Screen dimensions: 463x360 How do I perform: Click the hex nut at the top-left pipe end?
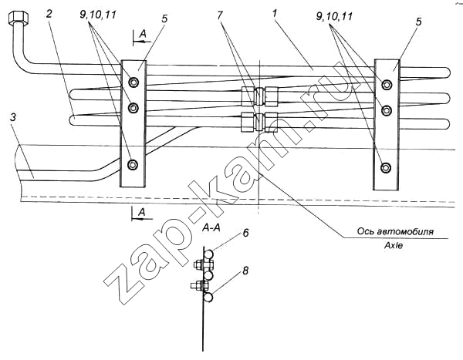point(19,19)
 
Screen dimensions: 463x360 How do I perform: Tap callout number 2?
point(49,14)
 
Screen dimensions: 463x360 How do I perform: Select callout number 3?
point(12,117)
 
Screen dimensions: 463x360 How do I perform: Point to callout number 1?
point(275,14)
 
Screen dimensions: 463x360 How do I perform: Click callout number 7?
point(219,15)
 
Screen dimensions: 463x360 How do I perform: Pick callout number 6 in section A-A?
point(245,233)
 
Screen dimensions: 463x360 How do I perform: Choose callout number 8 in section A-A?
point(245,271)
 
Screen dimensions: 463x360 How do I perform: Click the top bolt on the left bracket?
point(133,82)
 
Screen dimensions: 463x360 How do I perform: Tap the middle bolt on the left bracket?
point(133,108)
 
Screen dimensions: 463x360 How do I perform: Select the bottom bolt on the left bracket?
point(133,165)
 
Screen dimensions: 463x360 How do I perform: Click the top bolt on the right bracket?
point(387,85)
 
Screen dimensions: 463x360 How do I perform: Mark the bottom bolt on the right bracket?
point(385,167)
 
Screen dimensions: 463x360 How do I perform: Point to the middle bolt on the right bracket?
point(386,110)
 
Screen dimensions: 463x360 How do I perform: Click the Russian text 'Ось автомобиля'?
point(395,231)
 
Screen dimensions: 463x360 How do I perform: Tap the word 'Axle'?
point(394,245)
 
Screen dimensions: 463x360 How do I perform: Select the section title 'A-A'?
point(211,228)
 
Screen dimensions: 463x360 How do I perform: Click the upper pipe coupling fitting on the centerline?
point(260,96)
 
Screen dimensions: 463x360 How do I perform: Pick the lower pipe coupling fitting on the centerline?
point(260,122)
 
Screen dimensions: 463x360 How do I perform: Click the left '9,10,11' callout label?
point(97,15)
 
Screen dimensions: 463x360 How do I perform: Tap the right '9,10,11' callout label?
point(334,16)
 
